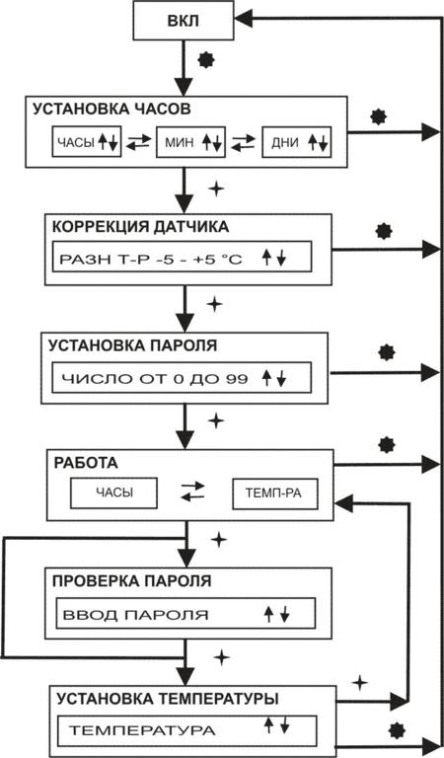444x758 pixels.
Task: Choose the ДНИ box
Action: [297, 142]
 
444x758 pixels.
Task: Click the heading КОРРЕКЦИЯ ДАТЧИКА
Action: [140, 228]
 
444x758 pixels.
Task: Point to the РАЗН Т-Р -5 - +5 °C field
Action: [182, 257]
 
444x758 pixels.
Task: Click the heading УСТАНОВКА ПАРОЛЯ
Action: [133, 346]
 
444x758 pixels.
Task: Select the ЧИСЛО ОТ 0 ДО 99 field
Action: [182, 377]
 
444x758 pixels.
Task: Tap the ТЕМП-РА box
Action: [275, 493]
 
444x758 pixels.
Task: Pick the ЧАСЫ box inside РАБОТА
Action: [114, 493]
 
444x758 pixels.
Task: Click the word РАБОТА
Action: [86, 463]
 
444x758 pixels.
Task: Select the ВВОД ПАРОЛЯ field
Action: [185, 614]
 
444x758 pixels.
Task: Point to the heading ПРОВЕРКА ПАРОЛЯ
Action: [131, 580]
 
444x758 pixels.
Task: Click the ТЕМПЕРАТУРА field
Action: [187, 730]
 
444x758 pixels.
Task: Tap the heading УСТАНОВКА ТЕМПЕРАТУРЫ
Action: [168, 699]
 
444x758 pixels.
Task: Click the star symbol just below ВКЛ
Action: [206, 60]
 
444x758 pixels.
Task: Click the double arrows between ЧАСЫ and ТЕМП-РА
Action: [192, 492]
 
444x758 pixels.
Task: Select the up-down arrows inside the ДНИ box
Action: [318, 142]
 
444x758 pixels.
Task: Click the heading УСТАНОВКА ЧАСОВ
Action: [111, 110]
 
